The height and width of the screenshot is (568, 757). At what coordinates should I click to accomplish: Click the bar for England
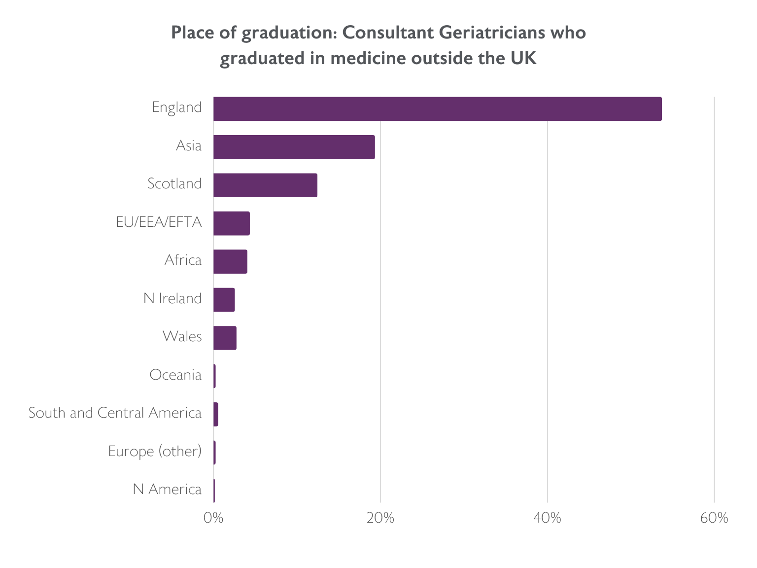pyautogui.click(x=437, y=109)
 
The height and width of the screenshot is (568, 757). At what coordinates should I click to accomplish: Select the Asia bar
pyautogui.click(x=294, y=147)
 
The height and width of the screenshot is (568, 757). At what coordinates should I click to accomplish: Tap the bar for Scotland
pyautogui.click(x=265, y=185)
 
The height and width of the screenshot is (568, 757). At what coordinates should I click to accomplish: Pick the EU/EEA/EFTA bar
pyautogui.click(x=232, y=223)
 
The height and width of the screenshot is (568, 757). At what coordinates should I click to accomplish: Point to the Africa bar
pyautogui.click(x=230, y=262)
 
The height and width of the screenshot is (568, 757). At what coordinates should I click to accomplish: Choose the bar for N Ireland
pyautogui.click(x=224, y=300)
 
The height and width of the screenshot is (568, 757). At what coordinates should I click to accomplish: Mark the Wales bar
pyautogui.click(x=225, y=338)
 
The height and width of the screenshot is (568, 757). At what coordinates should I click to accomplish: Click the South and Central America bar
pyautogui.click(x=216, y=415)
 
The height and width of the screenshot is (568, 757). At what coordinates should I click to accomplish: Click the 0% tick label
pyautogui.click(x=213, y=518)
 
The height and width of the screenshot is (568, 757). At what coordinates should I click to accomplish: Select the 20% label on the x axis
pyautogui.click(x=380, y=518)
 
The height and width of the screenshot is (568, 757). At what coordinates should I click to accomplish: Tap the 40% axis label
pyautogui.click(x=548, y=518)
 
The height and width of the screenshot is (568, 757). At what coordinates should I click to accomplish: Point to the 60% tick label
pyautogui.click(x=714, y=518)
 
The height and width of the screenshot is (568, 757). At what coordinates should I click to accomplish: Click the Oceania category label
pyautogui.click(x=175, y=375)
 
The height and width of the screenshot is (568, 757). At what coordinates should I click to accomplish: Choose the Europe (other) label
pyautogui.click(x=155, y=452)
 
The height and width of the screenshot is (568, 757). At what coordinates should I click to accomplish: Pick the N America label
pyautogui.click(x=167, y=490)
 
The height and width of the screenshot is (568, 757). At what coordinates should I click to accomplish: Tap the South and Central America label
pyautogui.click(x=115, y=413)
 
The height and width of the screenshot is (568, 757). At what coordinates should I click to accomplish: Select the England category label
pyautogui.click(x=176, y=107)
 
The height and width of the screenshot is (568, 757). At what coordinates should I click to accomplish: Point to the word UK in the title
pyautogui.click(x=522, y=59)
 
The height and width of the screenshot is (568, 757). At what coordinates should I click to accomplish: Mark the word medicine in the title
pyautogui.click(x=368, y=59)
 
